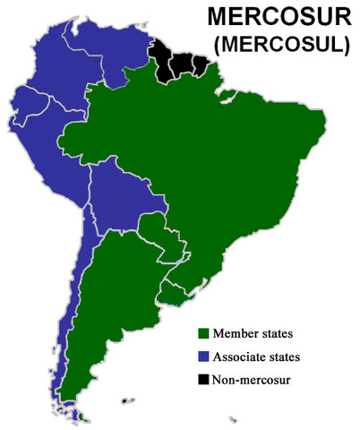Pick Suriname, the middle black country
tap(186, 63)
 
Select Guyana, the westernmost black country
tap(164, 57)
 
